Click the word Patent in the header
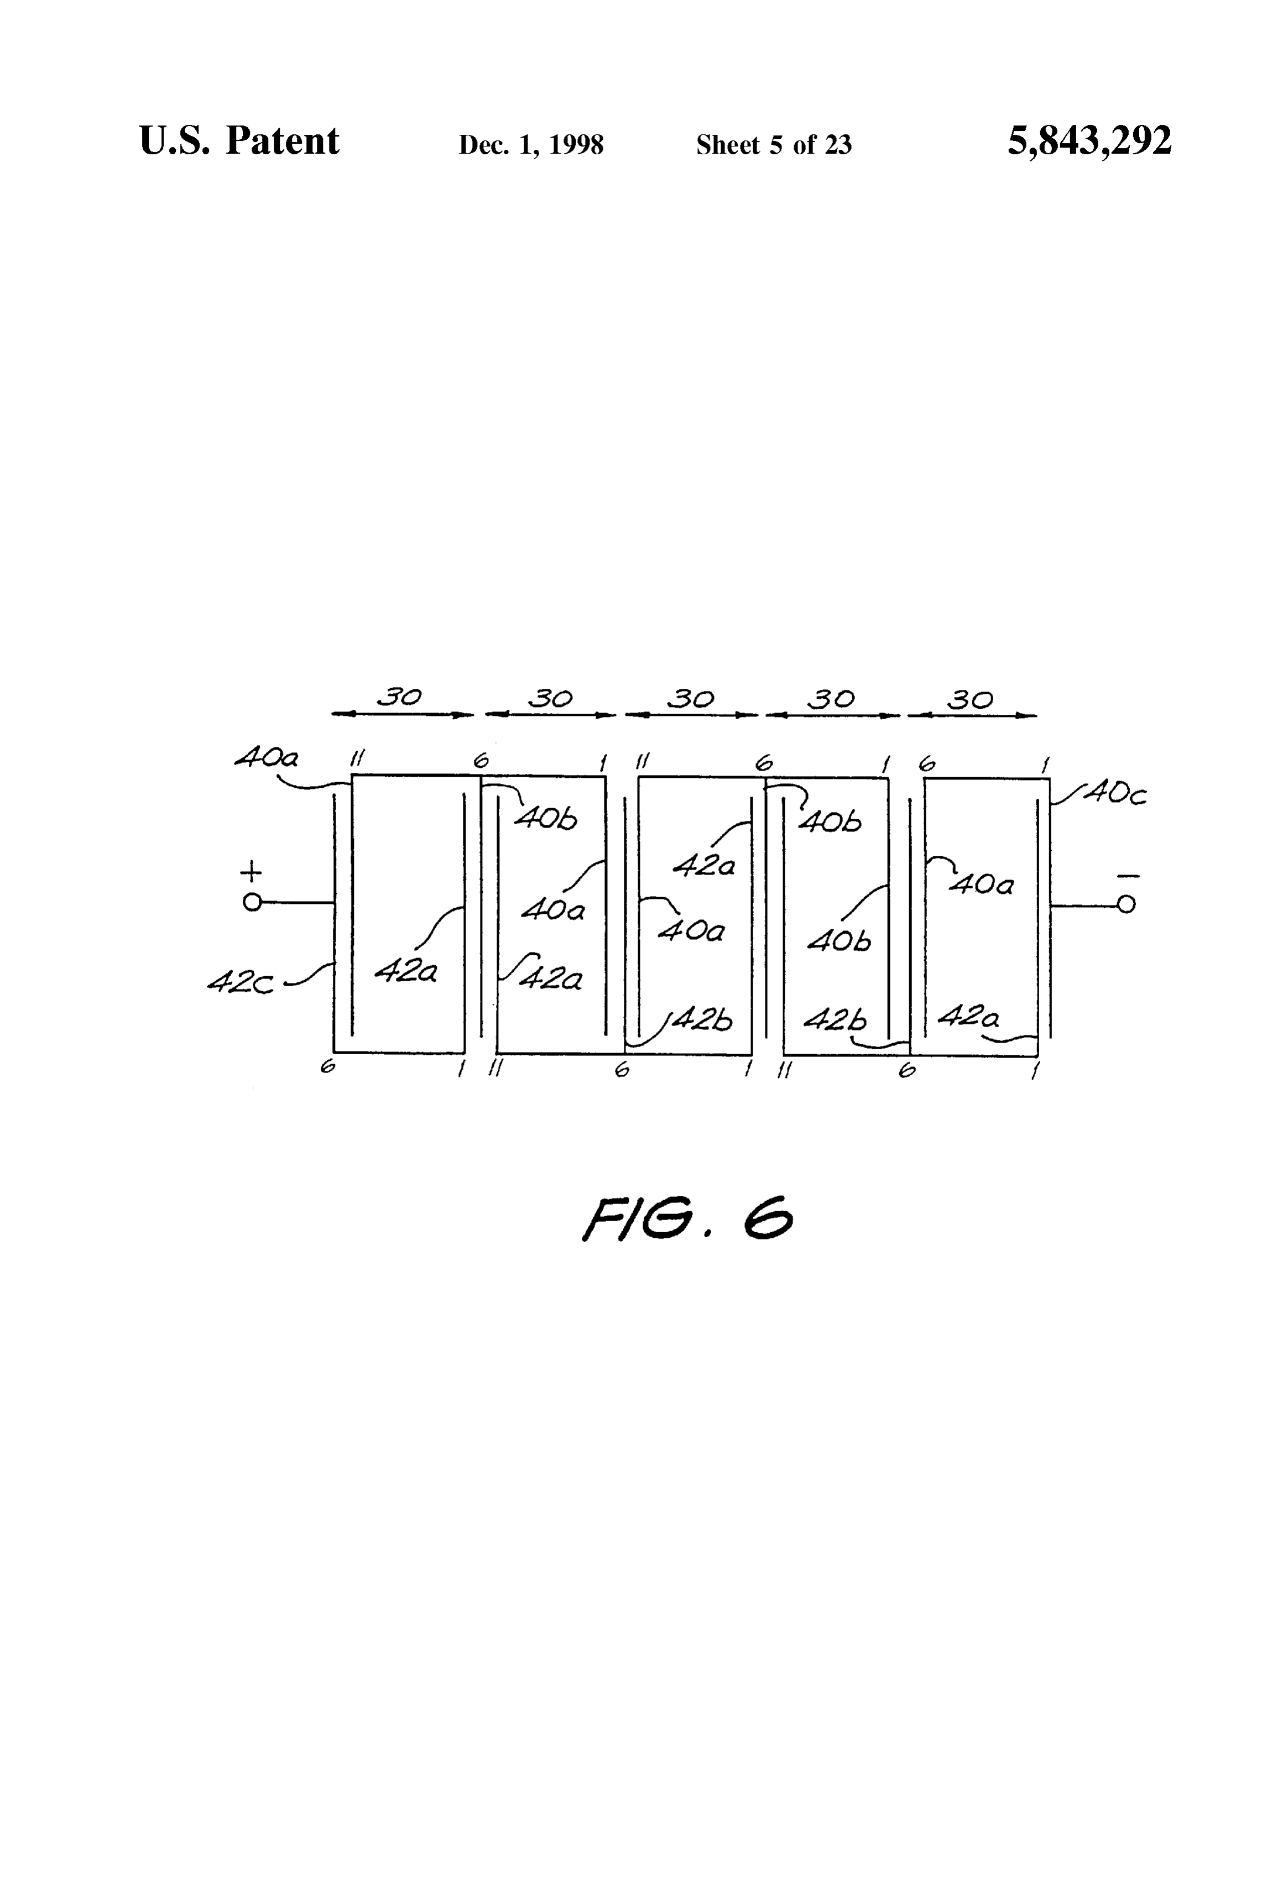(x=282, y=141)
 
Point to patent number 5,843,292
(x=1089, y=141)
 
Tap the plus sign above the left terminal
(x=252, y=871)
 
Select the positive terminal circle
(x=252, y=902)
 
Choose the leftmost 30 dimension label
(x=400, y=697)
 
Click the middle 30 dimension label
(x=690, y=698)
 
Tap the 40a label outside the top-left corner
(x=267, y=758)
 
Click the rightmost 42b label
(x=835, y=1021)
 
